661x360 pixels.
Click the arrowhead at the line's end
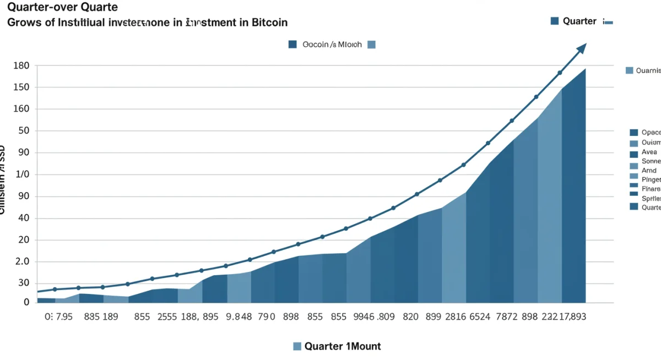point(582,48)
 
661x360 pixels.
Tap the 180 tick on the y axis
point(20,66)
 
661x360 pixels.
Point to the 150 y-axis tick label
point(20,88)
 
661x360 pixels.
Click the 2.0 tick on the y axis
point(21,261)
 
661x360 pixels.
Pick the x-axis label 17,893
point(572,317)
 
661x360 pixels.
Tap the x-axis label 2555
point(167,317)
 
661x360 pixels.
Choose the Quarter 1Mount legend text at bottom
point(342,346)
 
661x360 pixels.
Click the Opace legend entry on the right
point(651,133)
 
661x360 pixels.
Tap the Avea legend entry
point(649,151)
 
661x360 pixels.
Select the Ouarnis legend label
point(647,70)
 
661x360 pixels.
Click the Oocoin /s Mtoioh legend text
point(332,45)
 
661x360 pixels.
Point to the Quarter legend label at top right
point(579,21)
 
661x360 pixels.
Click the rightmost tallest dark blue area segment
point(574,193)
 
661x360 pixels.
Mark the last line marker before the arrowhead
point(560,73)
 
